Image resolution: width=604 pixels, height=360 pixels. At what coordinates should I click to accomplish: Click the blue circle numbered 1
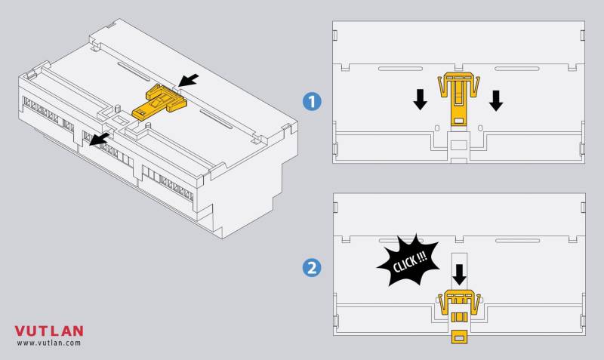click(x=311, y=102)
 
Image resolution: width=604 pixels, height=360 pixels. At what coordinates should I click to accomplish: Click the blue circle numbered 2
click(x=311, y=267)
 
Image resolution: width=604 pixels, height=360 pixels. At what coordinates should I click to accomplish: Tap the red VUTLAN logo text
click(x=49, y=331)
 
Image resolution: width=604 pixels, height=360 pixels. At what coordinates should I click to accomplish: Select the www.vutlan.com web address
click(x=49, y=343)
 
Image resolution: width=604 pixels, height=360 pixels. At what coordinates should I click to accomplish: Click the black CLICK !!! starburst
click(x=408, y=260)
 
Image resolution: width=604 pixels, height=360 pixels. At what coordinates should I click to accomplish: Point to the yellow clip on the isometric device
click(x=159, y=102)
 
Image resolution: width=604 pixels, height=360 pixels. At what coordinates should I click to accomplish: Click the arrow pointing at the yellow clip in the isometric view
click(x=189, y=80)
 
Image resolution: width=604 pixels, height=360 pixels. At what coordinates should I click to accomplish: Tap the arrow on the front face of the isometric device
click(x=99, y=140)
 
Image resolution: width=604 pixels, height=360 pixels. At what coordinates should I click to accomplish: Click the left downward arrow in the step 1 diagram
click(x=420, y=100)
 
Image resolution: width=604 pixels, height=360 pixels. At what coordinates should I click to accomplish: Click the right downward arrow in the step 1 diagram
click(x=496, y=100)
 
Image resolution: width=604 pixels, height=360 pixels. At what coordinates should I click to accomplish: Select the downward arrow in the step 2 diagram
click(x=459, y=275)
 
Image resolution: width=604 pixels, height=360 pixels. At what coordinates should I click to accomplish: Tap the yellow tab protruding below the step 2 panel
click(x=459, y=337)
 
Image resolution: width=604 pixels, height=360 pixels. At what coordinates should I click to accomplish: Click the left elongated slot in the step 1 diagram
click(x=400, y=69)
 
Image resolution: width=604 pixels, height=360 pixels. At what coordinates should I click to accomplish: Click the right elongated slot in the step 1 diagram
click(x=517, y=69)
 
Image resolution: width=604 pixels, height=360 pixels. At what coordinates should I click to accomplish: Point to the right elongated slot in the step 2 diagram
click(x=517, y=241)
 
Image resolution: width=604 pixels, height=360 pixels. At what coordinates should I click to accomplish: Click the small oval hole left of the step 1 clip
click(x=437, y=128)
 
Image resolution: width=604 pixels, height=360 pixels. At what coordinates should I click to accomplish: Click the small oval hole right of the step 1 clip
click(x=480, y=128)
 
